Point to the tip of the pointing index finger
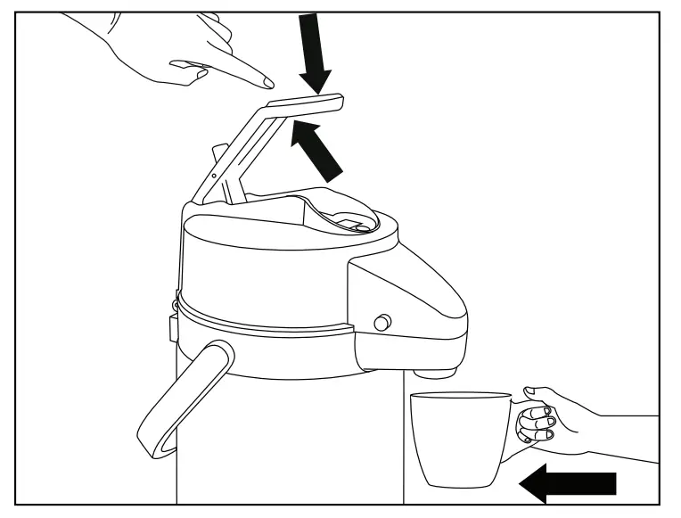[269, 84]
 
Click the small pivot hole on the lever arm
[213, 176]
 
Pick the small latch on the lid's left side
[172, 327]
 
